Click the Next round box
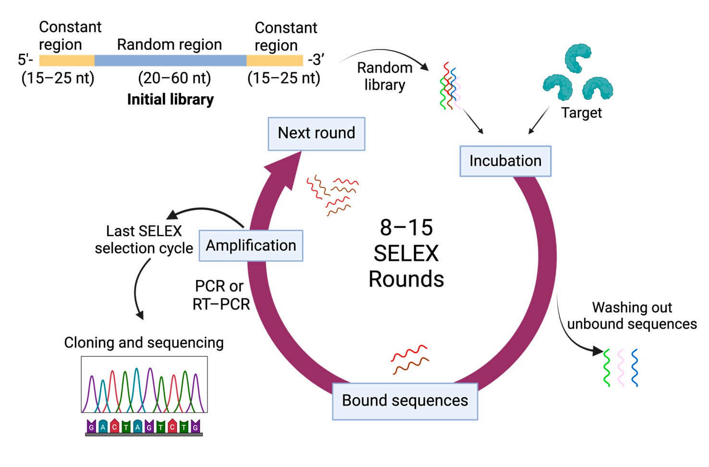(x=316, y=133)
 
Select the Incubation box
(x=505, y=161)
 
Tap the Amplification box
(x=251, y=246)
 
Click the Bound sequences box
(x=404, y=401)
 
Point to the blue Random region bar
(x=170, y=61)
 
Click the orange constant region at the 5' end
(x=66, y=61)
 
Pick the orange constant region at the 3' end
(x=275, y=61)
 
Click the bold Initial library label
(x=170, y=99)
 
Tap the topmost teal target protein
(x=577, y=58)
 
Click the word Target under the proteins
(x=581, y=113)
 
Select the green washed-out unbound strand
(x=607, y=368)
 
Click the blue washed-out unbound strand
(x=635, y=368)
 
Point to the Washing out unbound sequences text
(x=632, y=316)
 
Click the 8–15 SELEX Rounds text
(x=406, y=253)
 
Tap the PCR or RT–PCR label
(x=221, y=295)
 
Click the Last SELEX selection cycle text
(x=144, y=240)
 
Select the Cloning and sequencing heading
(x=144, y=343)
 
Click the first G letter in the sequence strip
(x=91, y=427)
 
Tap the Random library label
(x=384, y=76)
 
